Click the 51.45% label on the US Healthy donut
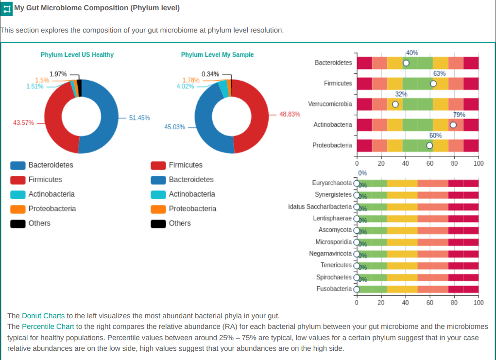(139, 118)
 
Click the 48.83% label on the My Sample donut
(290, 114)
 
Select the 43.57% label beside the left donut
(23, 123)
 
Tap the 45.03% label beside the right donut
(174, 127)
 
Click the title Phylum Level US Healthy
(77, 55)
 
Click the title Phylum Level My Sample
(217, 55)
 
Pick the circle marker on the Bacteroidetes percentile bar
(406, 63)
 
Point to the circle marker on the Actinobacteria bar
(453, 125)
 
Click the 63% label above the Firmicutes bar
(439, 73)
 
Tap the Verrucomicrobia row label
(330, 104)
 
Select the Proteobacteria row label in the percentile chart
(332, 145)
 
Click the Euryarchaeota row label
(332, 183)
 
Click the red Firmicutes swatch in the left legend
(18, 180)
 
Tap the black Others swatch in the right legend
(158, 223)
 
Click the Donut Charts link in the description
(43, 316)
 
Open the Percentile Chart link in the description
(48, 326)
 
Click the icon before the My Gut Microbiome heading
(7, 8)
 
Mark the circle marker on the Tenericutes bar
(357, 265)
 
